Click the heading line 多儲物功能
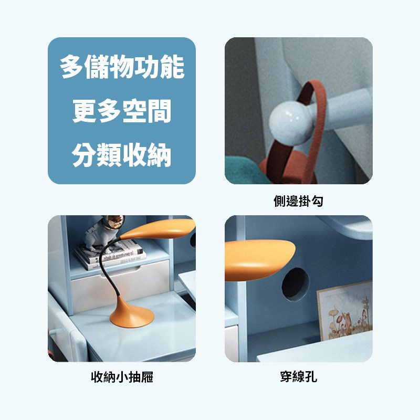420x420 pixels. tap(122, 67)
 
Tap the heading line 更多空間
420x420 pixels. tap(122, 111)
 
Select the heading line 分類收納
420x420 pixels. tap(121, 155)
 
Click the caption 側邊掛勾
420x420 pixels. tap(298, 201)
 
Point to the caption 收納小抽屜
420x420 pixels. tap(122, 377)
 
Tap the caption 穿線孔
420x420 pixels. tap(298, 377)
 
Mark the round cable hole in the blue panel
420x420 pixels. tap(296, 284)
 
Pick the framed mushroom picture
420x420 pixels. tap(345, 310)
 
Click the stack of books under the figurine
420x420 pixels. tap(110, 255)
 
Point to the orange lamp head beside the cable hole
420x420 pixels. tap(259, 260)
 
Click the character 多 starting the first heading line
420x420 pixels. tap(71, 67)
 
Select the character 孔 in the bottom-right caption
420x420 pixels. tap(311, 377)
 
